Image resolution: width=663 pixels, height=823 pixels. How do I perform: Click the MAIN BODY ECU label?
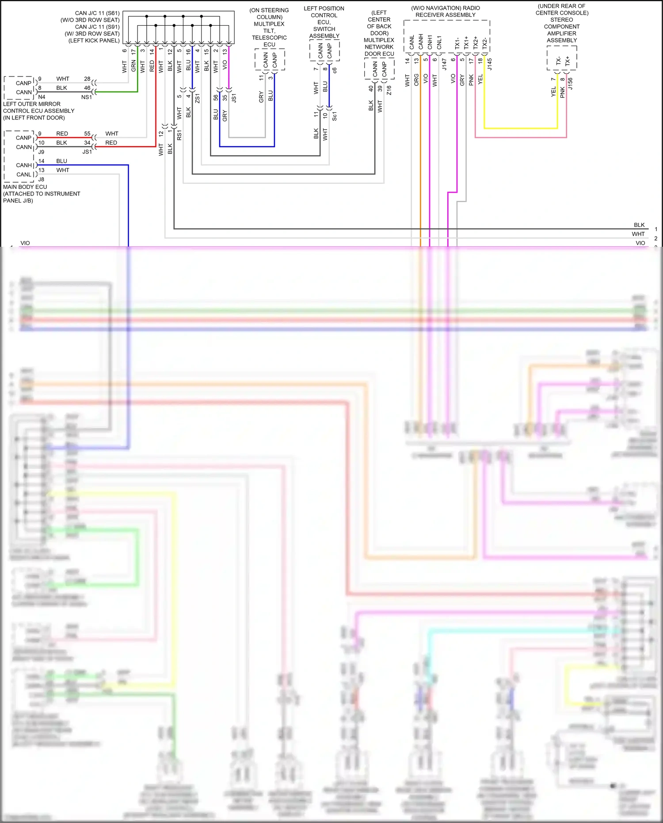[25, 187]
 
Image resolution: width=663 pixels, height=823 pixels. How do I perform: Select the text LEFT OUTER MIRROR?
[32, 104]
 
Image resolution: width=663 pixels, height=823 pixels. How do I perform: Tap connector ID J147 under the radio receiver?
[444, 65]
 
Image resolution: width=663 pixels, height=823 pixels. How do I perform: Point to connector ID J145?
[490, 65]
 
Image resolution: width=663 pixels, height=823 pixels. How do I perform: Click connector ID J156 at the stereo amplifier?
[571, 84]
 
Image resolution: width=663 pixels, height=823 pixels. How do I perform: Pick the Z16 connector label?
[389, 90]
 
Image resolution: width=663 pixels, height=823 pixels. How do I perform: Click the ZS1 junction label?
[198, 98]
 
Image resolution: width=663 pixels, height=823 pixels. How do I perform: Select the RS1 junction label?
[179, 135]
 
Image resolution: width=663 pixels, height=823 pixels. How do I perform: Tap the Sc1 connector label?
[335, 116]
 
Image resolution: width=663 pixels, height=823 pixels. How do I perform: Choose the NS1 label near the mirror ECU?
[86, 97]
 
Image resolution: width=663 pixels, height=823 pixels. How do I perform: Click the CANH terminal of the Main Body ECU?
[24, 165]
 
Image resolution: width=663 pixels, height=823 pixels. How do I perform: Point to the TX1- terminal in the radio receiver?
[457, 43]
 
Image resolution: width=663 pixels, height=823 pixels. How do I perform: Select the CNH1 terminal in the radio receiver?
[430, 42]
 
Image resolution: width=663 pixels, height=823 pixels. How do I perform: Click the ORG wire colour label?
[416, 80]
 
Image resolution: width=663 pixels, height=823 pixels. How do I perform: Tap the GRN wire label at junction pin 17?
[133, 66]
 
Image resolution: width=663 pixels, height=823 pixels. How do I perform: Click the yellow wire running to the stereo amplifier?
[522, 128]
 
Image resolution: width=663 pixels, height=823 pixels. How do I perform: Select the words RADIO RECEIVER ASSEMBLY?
[446, 15]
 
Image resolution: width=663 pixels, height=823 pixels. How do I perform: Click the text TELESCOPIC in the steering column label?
[269, 38]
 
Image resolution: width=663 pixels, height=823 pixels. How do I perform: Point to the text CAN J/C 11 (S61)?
[97, 13]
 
